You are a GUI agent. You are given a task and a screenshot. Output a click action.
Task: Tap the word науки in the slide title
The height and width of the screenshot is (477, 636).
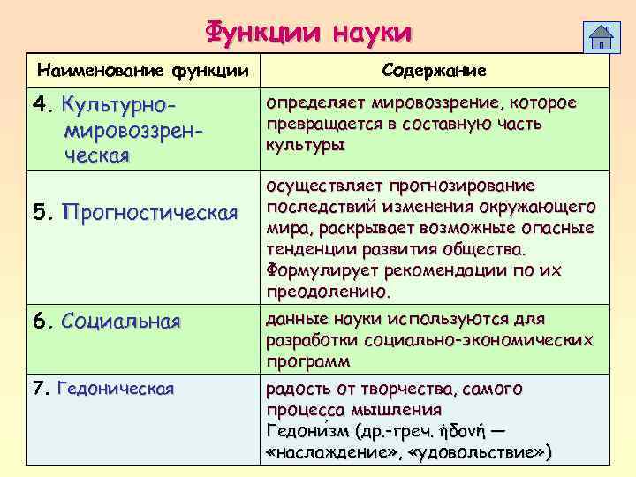[x=372, y=34]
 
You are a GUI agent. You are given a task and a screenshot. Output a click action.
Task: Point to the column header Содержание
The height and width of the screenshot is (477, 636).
[x=434, y=69]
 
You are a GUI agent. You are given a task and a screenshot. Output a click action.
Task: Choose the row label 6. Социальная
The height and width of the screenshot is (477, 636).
[x=106, y=321]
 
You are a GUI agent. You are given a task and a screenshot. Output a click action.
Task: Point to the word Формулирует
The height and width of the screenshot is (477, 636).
[x=318, y=269]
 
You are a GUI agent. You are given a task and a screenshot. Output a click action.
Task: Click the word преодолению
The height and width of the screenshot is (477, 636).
[x=328, y=290]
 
